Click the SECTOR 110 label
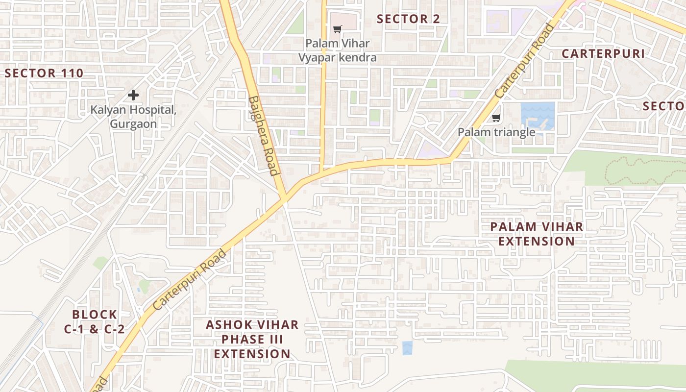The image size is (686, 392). (44, 73)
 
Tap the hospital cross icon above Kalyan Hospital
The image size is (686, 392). (133, 95)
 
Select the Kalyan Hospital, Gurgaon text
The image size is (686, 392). (133, 117)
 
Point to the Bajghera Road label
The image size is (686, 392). (264, 135)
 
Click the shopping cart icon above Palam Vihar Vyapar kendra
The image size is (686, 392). (337, 29)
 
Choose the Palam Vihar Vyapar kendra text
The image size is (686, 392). (338, 50)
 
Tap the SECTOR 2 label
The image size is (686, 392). (408, 19)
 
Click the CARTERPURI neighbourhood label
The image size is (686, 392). (603, 54)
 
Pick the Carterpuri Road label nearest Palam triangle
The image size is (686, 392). (524, 60)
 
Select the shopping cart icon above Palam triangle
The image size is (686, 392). (496, 118)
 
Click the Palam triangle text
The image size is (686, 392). (496, 132)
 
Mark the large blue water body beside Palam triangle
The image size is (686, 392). (538, 115)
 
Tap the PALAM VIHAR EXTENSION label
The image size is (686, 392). (537, 234)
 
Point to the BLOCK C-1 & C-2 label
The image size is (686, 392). (95, 321)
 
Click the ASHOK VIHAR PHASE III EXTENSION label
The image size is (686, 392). (252, 339)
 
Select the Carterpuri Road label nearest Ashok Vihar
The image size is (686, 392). (189, 279)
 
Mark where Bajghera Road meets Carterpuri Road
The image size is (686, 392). (284, 198)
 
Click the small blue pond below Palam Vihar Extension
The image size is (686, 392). (407, 348)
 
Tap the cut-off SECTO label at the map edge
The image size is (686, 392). (664, 106)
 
